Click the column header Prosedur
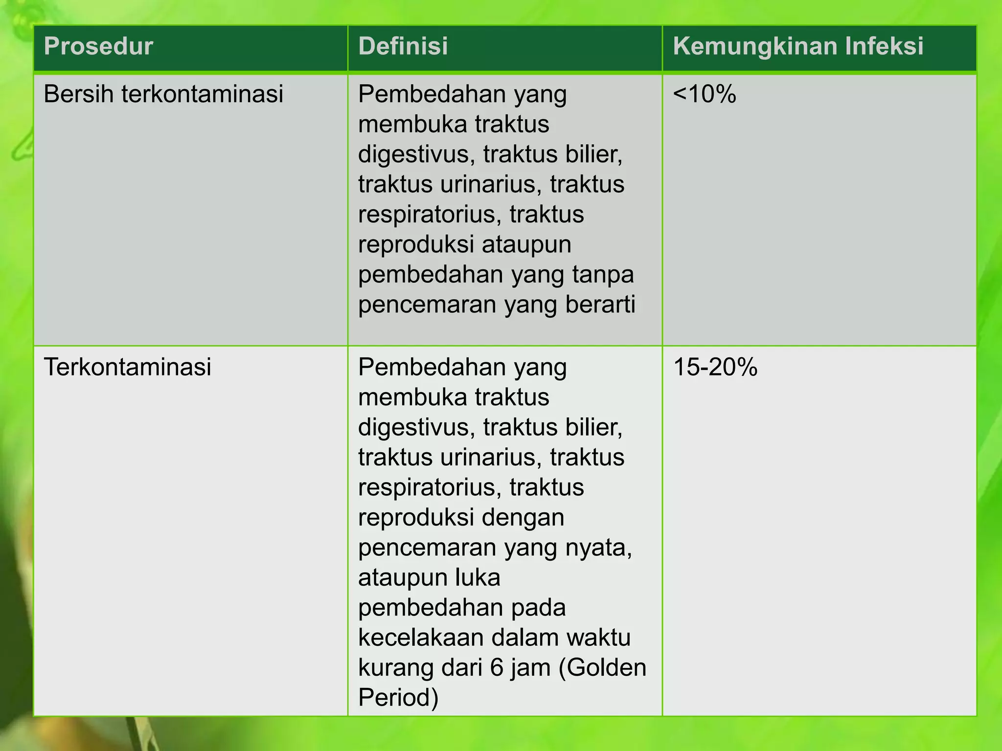[98, 46]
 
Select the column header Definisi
[403, 46]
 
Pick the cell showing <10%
[704, 94]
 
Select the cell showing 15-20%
[715, 367]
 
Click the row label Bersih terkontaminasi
[163, 94]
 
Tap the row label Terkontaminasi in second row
[127, 367]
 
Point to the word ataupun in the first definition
[526, 244]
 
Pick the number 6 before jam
[497, 667]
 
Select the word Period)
[398, 697]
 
